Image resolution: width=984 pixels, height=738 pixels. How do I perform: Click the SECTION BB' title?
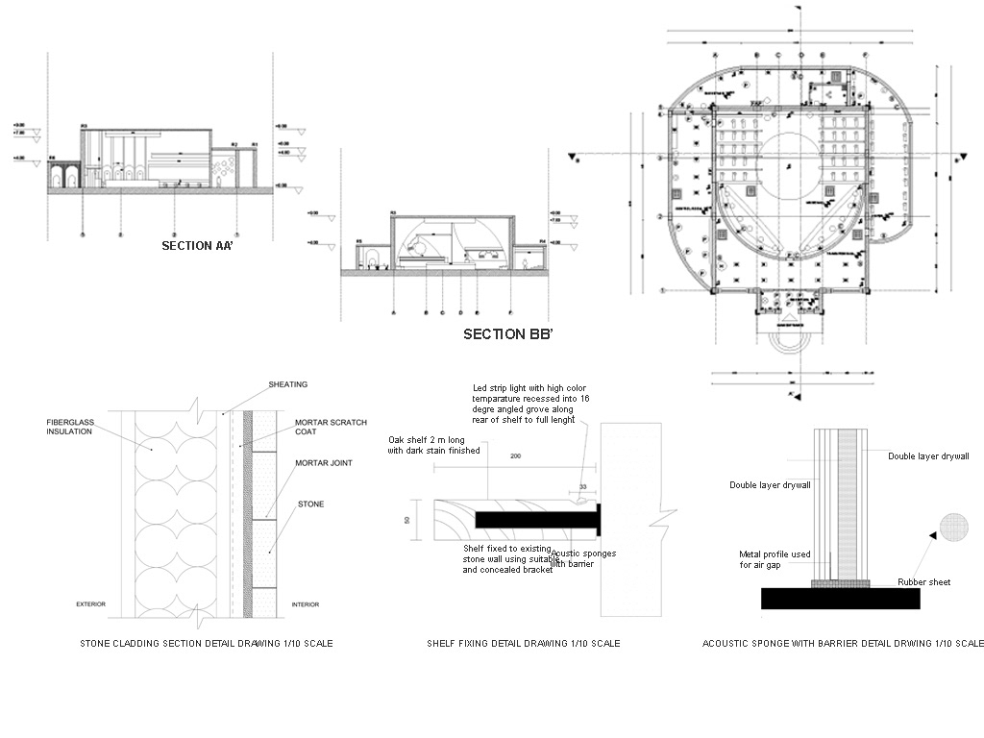coord(507,334)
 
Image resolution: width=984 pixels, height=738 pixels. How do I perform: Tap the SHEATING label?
coord(288,384)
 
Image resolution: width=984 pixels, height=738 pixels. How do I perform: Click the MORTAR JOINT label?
coord(324,463)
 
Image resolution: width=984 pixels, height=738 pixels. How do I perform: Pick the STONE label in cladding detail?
coord(309,503)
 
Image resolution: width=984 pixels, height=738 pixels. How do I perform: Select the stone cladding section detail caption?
coord(206,643)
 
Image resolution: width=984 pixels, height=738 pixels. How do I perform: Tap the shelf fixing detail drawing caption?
coord(523,643)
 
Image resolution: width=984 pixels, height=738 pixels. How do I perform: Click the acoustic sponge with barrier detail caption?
coord(843,643)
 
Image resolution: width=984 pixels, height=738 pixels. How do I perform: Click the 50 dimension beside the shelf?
coord(407,520)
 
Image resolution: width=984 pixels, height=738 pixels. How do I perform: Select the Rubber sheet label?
coord(923,582)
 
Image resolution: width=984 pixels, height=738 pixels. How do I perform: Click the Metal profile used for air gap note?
coord(775,559)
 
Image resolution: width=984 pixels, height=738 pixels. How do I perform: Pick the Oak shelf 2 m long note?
coord(433,444)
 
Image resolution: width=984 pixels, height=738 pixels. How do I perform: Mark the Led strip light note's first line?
coord(530,387)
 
